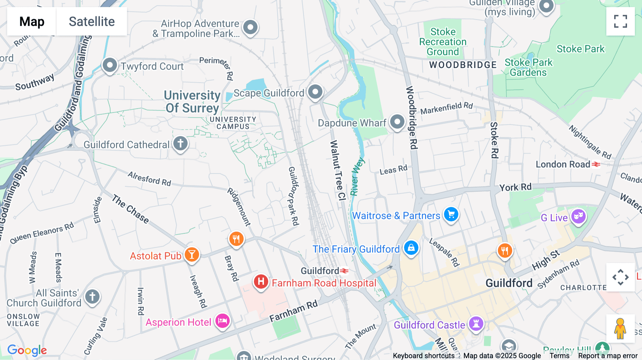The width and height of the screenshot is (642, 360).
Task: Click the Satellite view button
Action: (x=92, y=21)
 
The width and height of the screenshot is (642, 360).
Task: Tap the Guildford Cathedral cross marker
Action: (x=180, y=144)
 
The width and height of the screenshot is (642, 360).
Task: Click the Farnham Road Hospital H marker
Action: (x=261, y=282)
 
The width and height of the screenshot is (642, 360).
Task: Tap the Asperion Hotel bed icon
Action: (x=223, y=321)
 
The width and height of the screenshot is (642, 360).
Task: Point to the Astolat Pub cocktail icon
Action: (x=192, y=255)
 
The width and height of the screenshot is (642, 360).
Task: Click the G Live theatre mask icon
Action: (x=578, y=216)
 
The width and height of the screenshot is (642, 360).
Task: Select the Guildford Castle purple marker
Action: (x=476, y=324)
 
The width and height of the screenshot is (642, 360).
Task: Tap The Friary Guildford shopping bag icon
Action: (x=411, y=248)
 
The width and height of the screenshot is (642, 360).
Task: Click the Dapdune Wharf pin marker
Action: (x=397, y=122)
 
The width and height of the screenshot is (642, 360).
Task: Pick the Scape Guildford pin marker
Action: (x=315, y=92)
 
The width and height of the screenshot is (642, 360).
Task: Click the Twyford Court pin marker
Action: (x=109, y=65)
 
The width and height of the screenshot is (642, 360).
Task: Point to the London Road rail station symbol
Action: (x=596, y=164)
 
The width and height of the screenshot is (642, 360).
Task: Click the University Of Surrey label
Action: (x=192, y=102)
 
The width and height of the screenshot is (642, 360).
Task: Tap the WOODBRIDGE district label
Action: (x=463, y=65)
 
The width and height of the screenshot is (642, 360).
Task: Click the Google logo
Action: (x=27, y=350)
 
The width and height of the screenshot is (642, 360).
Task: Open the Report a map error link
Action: (x=608, y=356)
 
